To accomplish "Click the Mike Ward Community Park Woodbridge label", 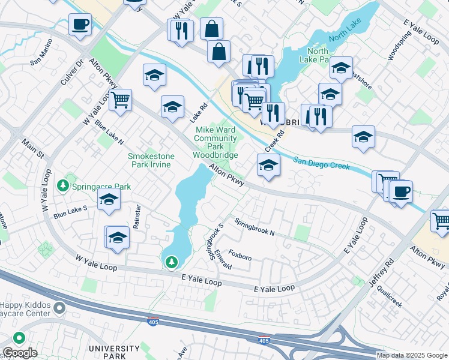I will click(214, 142).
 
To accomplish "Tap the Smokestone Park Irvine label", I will click(151, 161).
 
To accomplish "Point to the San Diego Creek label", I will click(321, 163).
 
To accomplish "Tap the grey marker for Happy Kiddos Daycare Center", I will click(59, 308).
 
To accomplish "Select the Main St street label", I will click(33, 150).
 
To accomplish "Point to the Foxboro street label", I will click(240, 259).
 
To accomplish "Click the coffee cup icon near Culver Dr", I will click(80, 25).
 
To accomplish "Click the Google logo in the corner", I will click(20, 353).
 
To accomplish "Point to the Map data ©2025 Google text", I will click(412, 355).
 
